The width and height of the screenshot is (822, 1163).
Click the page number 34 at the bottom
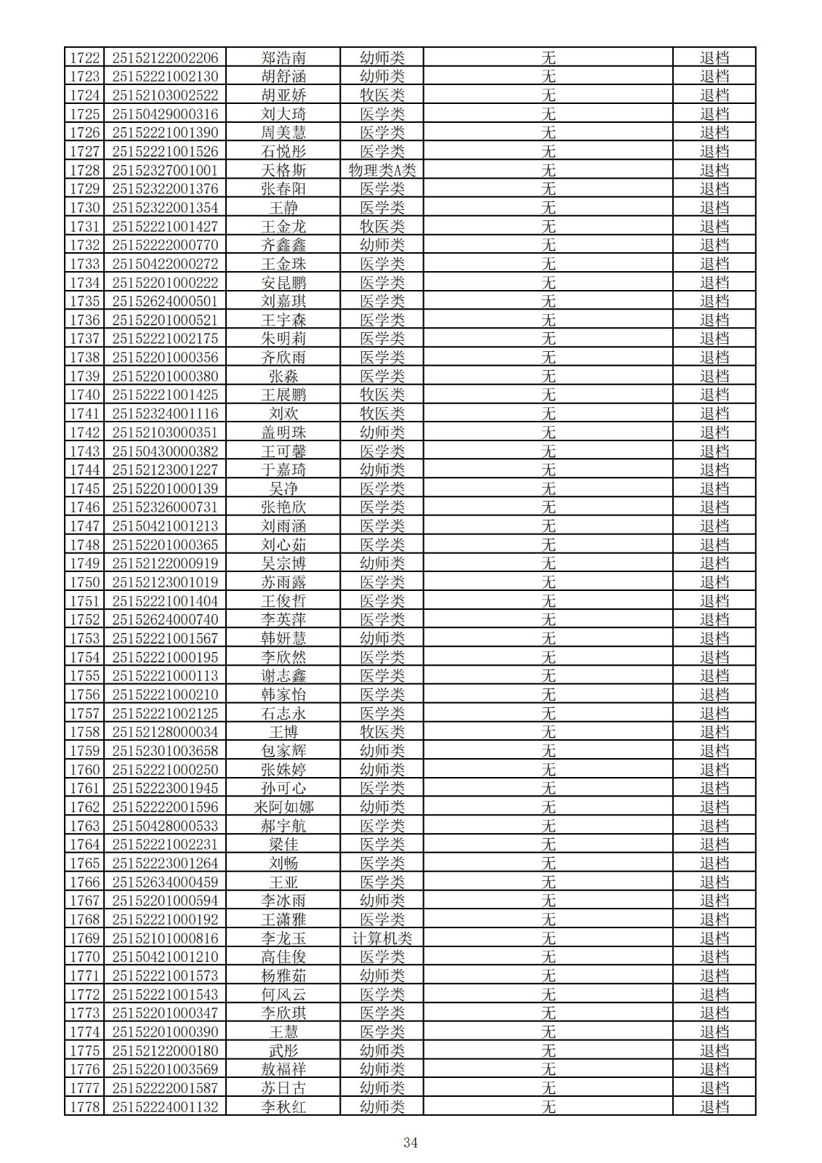[411, 1142]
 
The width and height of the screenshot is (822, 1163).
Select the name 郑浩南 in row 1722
[283, 57]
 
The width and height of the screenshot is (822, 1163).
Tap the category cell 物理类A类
[382, 170]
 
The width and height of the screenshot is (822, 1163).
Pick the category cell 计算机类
[382, 938]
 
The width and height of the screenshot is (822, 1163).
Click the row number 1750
[85, 582]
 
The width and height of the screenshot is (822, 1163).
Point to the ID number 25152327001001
[165, 170]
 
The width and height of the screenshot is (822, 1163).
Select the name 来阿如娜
[283, 807]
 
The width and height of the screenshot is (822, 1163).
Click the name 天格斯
[283, 170]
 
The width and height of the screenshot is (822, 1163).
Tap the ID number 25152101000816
[165, 938]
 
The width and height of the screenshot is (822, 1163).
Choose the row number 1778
[85, 1106]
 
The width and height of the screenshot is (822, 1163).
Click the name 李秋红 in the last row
[283, 1106]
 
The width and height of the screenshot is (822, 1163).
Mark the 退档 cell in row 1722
[714, 57]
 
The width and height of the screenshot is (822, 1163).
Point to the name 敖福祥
[283, 1069]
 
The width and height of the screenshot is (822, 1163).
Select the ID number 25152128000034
[165, 732]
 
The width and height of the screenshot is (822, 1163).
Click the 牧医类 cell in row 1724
[382, 95]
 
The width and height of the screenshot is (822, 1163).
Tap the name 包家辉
[283, 751]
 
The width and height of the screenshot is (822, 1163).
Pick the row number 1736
[85, 320]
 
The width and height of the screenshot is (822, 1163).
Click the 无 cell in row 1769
[548, 938]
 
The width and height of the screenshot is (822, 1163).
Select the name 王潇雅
[283, 919]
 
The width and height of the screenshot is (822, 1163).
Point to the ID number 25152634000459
[165, 882]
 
